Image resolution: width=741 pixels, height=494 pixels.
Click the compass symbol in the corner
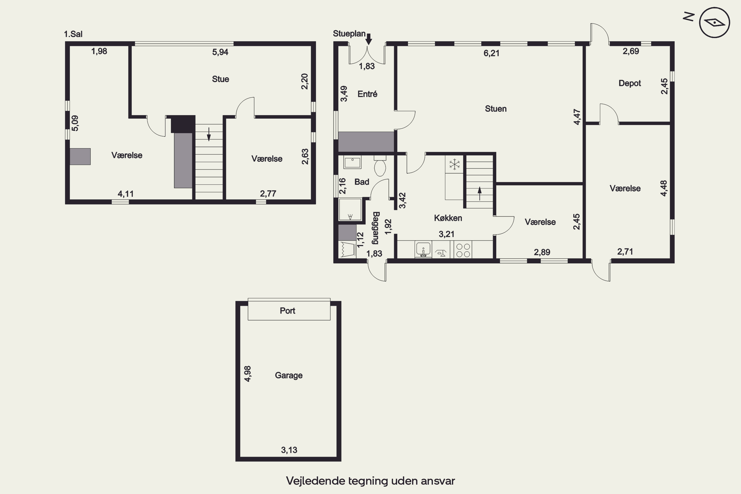(714, 23)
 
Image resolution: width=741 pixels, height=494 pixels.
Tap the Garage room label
(288, 375)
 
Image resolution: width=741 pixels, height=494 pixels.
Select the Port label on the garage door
(287, 311)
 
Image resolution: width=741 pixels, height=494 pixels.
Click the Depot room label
(629, 83)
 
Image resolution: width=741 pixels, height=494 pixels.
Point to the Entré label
(367, 94)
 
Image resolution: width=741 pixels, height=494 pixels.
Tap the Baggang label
(376, 228)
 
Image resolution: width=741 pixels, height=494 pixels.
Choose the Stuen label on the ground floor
(495, 109)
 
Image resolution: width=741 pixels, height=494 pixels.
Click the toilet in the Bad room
(380, 166)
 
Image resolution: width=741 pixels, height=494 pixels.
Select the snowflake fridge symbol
(454, 164)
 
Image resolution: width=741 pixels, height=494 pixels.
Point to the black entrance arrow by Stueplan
(369, 39)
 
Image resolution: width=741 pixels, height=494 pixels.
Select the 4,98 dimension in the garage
(248, 374)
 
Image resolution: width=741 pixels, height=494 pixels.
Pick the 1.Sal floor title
(73, 34)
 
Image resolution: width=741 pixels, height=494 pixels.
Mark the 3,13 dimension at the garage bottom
(289, 450)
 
